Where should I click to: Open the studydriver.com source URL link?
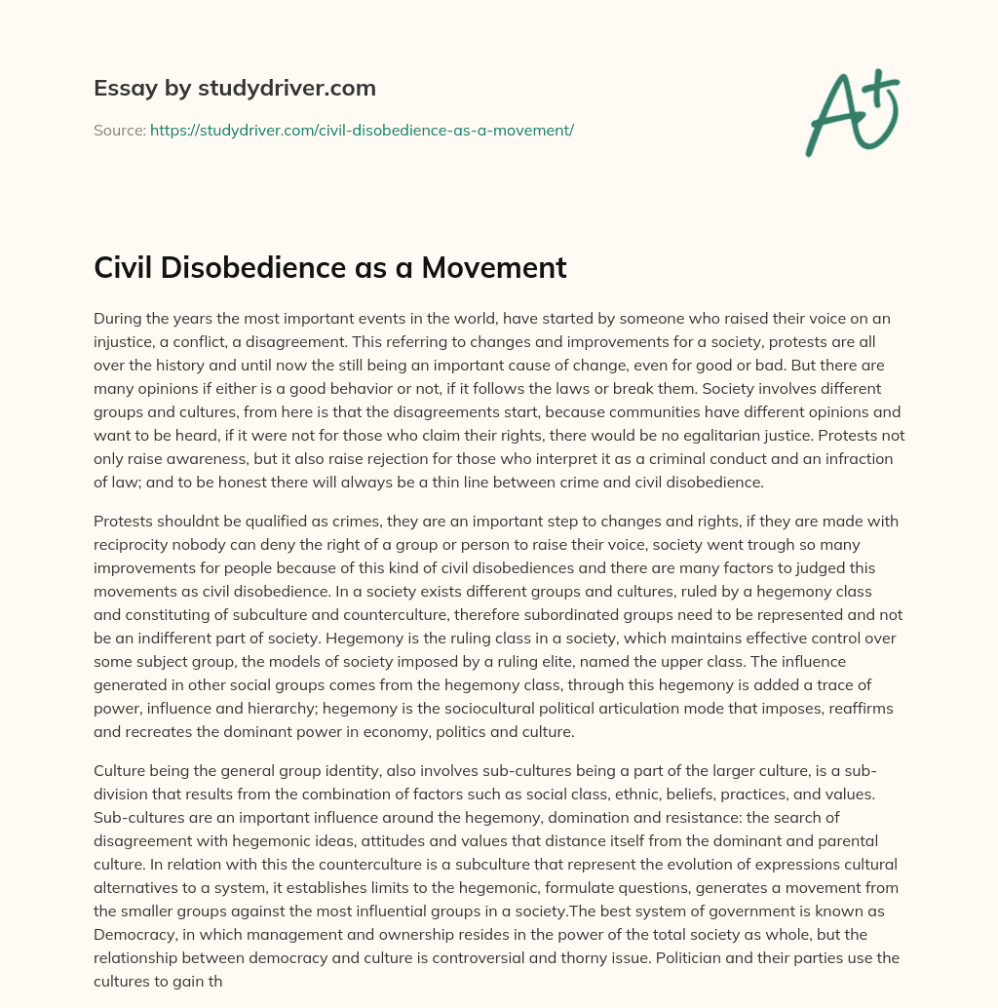point(362,130)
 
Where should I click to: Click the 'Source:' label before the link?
point(120,130)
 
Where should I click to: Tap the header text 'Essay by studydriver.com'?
point(235,88)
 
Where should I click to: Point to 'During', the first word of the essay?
point(118,318)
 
